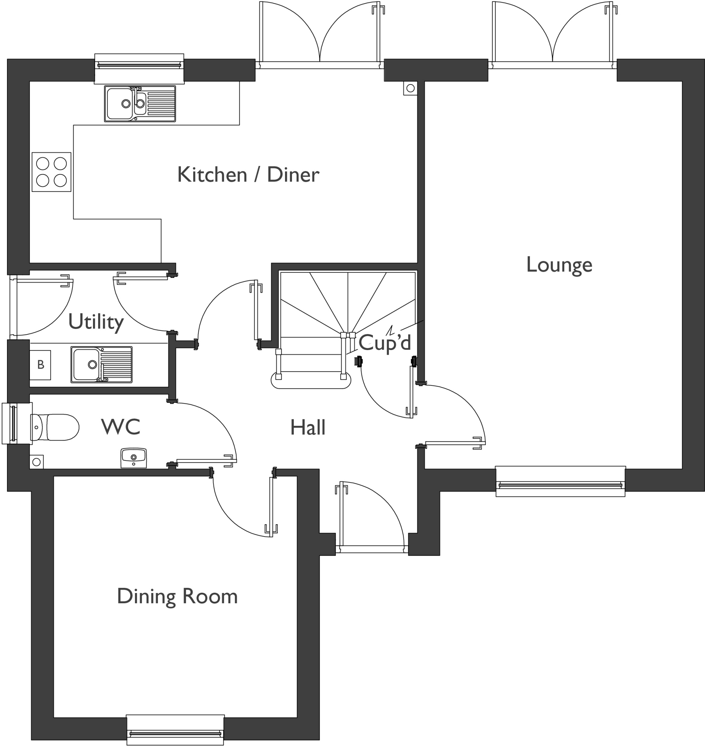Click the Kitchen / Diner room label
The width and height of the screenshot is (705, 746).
248,175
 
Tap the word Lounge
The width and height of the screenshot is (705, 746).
559,265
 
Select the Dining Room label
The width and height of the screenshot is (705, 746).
178,596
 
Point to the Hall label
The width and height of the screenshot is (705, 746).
308,428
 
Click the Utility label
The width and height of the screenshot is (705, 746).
96,322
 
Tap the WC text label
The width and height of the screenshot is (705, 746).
121,427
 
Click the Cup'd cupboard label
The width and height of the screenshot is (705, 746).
385,342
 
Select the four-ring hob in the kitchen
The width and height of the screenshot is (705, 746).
51,172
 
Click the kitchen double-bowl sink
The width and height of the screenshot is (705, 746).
140,103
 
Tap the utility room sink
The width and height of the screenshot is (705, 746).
101,365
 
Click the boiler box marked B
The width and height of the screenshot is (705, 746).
40,365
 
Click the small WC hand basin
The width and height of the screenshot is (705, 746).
134,457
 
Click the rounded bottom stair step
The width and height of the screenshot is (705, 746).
311,381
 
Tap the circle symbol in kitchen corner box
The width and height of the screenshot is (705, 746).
410,88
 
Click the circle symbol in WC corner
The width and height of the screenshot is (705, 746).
36,462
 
